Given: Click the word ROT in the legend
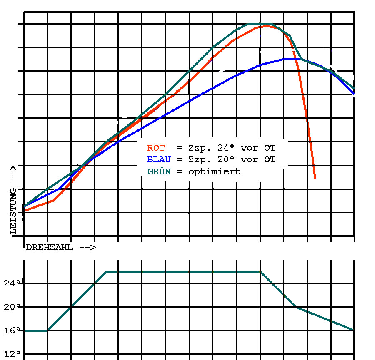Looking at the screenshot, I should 156,148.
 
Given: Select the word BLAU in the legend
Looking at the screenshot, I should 159,159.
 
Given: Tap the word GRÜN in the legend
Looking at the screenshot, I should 159,171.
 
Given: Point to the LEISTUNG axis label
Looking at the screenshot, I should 13,210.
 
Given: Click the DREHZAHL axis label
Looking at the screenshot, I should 49,247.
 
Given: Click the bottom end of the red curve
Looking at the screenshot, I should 315,179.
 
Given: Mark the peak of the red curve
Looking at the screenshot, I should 267,26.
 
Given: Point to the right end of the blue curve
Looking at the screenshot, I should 354,94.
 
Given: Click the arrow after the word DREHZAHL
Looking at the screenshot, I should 87,247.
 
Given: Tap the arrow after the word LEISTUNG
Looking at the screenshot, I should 13,173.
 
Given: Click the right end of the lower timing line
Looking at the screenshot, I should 354,330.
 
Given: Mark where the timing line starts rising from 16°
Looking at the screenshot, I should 48,330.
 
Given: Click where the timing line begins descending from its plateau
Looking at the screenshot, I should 260,271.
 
